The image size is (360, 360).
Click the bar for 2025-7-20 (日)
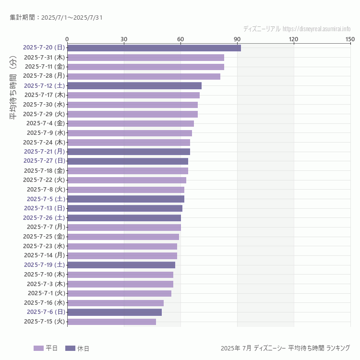[x=154, y=48]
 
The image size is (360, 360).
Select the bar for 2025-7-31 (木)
[x=145, y=57]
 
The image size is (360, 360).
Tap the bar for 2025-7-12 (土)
[x=134, y=85]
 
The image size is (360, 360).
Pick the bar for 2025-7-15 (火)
[x=111, y=322]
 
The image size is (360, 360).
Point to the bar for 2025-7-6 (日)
[x=114, y=312]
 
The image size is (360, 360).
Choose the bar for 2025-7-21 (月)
[x=128, y=152]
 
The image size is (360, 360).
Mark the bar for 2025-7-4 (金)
[x=130, y=123]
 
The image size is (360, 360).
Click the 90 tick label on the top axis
[x=237, y=39]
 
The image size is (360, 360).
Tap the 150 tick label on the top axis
[x=350, y=39]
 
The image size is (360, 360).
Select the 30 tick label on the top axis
[x=124, y=39]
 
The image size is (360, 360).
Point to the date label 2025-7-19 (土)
[x=44, y=265]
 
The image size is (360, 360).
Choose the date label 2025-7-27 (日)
[x=44, y=161]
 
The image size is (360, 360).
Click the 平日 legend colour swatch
[x=38, y=348]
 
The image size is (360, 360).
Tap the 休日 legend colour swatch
[x=70, y=348]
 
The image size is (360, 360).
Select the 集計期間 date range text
[x=56, y=18]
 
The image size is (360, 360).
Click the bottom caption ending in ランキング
[x=285, y=348]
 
